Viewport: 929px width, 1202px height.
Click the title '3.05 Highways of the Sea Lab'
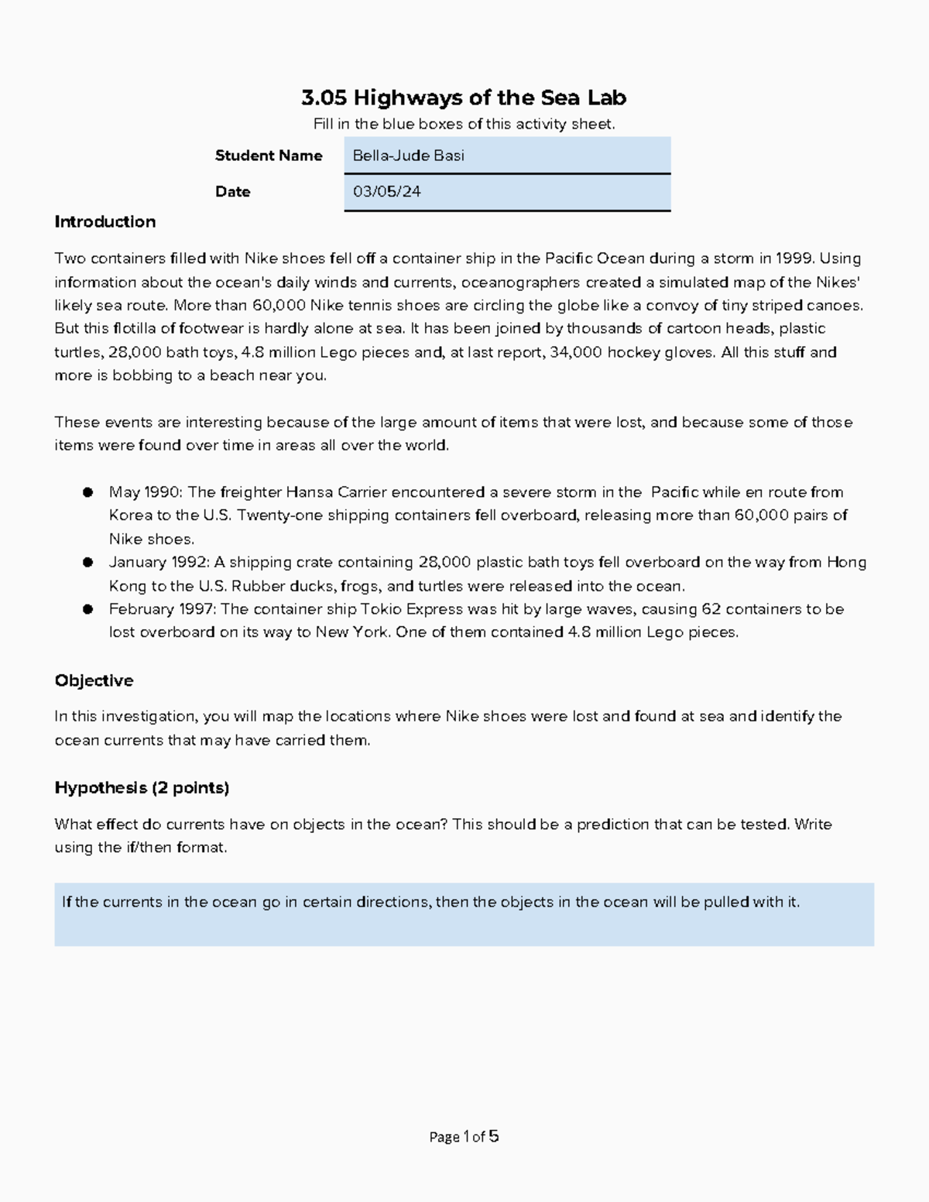pyautogui.click(x=464, y=98)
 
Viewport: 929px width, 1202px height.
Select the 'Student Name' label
pyautogui.click(x=269, y=156)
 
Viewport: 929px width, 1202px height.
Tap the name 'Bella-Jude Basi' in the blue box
pyautogui.click(x=408, y=156)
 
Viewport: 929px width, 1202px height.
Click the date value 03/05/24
pyautogui.click(x=386, y=192)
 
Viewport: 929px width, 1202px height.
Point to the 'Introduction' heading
pyautogui.click(x=105, y=222)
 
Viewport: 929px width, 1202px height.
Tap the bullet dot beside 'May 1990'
pyautogui.click(x=88, y=492)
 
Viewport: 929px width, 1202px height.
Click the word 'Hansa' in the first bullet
pyautogui.click(x=307, y=492)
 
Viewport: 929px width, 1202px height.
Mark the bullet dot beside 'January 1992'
pyautogui.click(x=88, y=563)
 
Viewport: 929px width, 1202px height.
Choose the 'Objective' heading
pyautogui.click(x=94, y=681)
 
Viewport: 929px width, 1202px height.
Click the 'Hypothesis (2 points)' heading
pyautogui.click(x=142, y=788)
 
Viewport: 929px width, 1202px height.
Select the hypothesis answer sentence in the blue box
pyautogui.click(x=430, y=902)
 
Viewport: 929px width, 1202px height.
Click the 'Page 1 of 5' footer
pyautogui.click(x=464, y=1137)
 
